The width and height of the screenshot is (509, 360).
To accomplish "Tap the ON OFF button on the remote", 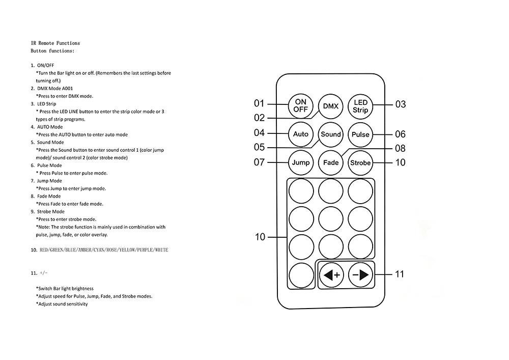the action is [301, 106].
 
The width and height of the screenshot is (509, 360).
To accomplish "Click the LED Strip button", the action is [360, 106].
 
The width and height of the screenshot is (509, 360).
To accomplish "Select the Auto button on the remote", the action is [301, 134].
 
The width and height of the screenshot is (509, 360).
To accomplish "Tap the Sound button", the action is [331, 134].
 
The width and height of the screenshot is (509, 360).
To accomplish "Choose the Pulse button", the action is [360, 134].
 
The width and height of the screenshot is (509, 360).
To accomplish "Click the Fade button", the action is [331, 162].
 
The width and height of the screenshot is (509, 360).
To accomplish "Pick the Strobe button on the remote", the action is [360, 163].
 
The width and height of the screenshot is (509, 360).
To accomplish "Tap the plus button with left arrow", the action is [331, 275].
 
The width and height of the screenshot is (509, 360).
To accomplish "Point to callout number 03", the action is [401, 104].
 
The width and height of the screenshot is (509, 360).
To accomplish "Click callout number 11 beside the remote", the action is [400, 274].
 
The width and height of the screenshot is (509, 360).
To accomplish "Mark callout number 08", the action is [400, 148].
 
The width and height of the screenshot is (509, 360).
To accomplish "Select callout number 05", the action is [260, 147].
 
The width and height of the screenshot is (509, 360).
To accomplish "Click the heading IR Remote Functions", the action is [55, 43].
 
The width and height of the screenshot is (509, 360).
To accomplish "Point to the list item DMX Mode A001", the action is [55, 88].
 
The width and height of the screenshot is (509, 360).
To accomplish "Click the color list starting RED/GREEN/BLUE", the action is [104, 250].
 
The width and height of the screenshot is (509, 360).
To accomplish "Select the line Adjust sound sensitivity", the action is [62, 304].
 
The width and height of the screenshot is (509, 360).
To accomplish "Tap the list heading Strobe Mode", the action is [50, 212].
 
